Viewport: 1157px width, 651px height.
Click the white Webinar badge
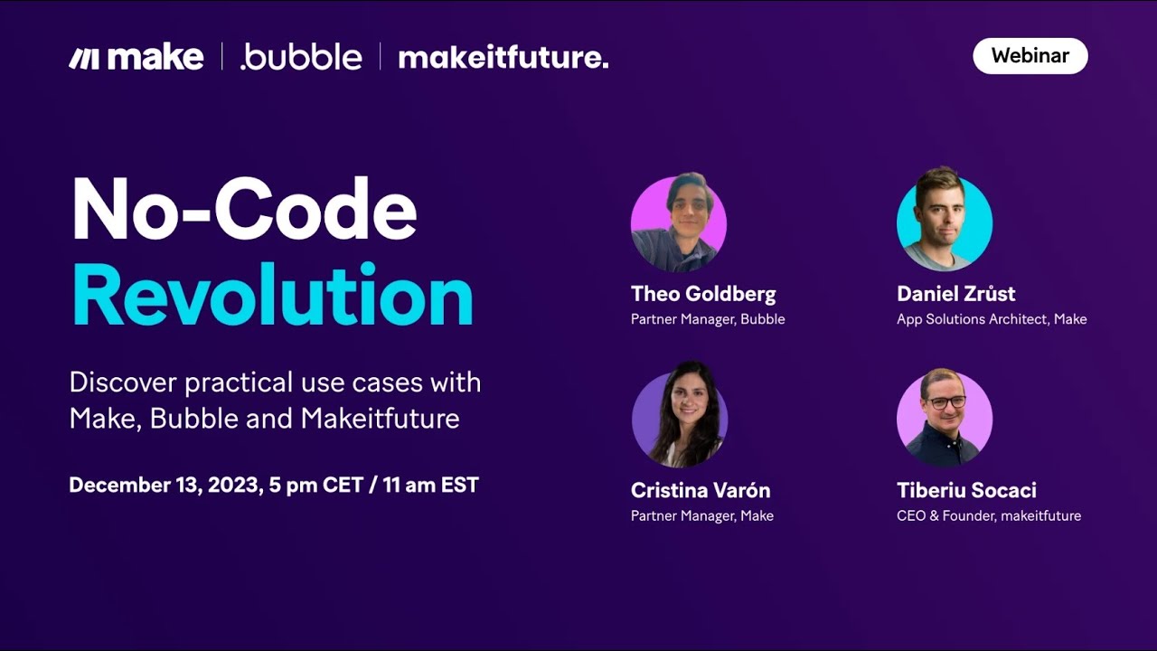1030,56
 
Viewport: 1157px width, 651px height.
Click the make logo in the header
136,58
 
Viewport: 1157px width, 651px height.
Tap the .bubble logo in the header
301,58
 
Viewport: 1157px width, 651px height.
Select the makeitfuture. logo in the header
503,58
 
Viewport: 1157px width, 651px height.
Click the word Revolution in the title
272,297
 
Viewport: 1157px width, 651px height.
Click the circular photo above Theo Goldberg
678,224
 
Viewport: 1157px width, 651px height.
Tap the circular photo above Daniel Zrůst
944,223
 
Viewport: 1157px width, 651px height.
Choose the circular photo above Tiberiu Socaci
944,419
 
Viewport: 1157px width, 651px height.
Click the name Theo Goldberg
703,294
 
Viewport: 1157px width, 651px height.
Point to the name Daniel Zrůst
955,294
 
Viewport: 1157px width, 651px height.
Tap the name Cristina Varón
701,490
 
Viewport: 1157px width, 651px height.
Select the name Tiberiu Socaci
966,490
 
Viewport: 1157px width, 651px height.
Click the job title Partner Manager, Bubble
708,319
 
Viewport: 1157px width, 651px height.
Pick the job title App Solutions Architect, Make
992,319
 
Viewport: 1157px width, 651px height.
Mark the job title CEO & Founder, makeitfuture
989,515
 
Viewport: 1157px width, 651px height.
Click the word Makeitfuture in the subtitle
380,419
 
